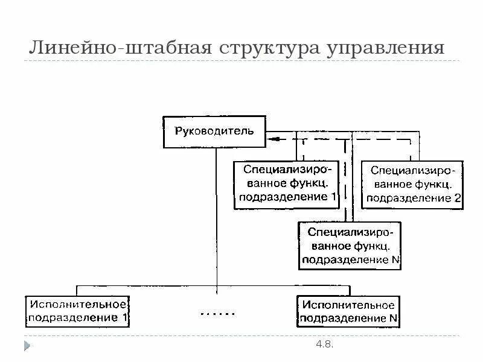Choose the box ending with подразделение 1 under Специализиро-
click(287, 184)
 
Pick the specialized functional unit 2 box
click(413, 184)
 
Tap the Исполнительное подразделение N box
click(348, 310)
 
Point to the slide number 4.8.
click(324, 345)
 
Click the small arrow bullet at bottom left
click(27, 345)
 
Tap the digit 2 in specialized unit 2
click(457, 197)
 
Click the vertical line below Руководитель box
click(216, 211)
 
